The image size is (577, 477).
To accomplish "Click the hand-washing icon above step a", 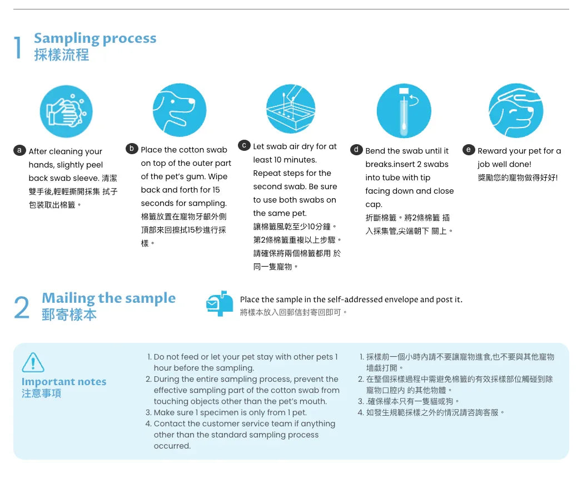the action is click(66, 111).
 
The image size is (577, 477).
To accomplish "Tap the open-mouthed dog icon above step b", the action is click(180, 110).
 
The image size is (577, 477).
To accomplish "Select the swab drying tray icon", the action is click(291, 109).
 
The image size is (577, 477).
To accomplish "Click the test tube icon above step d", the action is click(404, 111).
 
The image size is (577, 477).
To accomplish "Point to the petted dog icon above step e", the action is click(516, 111).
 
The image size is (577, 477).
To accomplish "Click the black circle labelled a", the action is click(19, 150).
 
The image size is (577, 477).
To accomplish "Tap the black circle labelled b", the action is click(132, 149).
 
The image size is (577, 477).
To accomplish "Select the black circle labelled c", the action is click(244, 145).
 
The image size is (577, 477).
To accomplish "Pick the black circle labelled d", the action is click(356, 150).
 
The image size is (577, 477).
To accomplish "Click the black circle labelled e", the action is click(469, 150).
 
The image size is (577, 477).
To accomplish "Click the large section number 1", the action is click(18, 47).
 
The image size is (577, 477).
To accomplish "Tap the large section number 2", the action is click(22, 308).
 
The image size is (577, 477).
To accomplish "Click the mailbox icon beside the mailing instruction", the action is click(220, 303).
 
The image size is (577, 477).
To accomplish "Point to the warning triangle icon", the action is click(33, 362).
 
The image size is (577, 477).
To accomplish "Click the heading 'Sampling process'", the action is click(95, 38).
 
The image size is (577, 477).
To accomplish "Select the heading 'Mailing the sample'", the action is click(108, 298).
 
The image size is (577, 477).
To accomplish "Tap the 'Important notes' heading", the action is click(64, 382).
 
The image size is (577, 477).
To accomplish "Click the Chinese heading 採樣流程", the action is click(62, 55).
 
